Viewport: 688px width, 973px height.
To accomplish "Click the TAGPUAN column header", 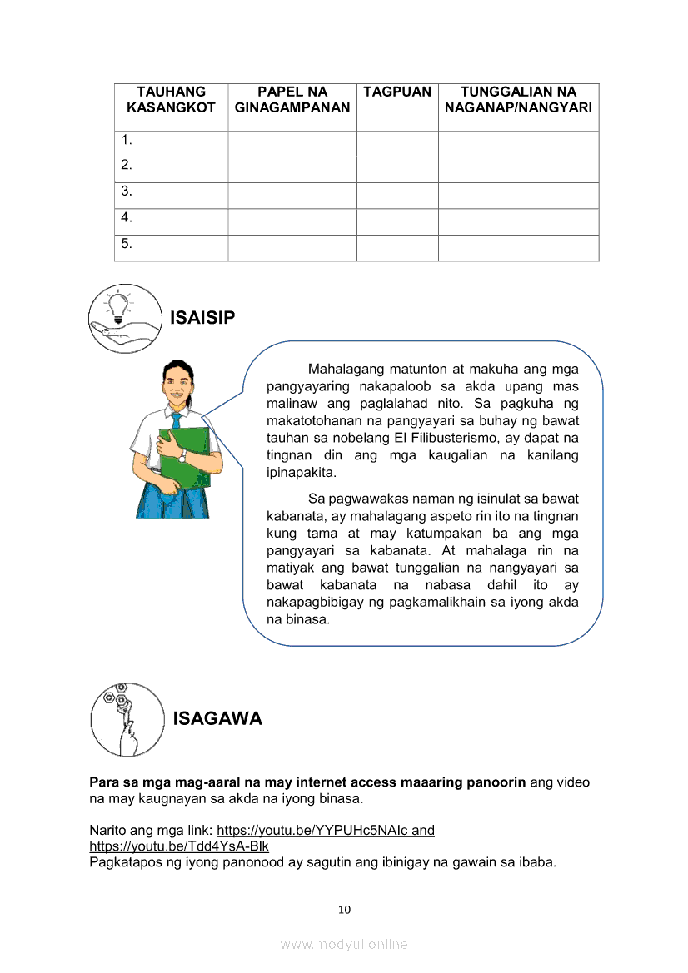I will (x=397, y=92).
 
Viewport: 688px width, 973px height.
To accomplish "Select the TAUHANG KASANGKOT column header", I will (x=171, y=100).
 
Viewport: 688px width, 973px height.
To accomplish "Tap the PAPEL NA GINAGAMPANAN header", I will (x=292, y=100).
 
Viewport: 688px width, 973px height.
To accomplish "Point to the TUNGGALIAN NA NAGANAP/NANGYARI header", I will (x=518, y=100).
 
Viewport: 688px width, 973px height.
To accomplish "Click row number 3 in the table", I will (x=127, y=191).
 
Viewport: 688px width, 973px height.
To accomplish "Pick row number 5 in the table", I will (x=127, y=245).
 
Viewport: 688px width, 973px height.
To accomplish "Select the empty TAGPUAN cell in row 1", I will (x=397, y=143).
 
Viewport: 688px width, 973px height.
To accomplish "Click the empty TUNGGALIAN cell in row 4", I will (x=518, y=221).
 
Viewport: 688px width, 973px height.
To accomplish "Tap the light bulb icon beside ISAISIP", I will (x=125, y=319).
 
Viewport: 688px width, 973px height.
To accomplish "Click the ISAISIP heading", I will (x=202, y=318).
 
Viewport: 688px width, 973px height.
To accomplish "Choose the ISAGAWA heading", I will (x=217, y=719).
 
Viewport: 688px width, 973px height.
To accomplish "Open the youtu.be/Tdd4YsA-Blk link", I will (x=179, y=846).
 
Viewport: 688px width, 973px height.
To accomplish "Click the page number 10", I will (x=344, y=910).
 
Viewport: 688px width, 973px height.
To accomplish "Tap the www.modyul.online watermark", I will (x=344, y=944).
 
